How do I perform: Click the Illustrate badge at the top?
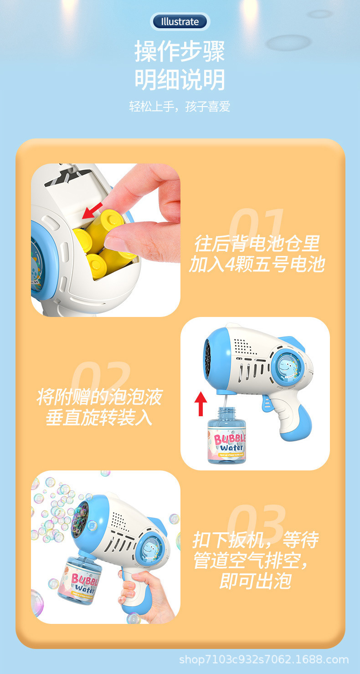pyautogui.click(x=180, y=21)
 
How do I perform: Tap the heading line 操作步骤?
pyautogui.click(x=180, y=51)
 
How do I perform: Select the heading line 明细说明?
pyautogui.click(x=180, y=80)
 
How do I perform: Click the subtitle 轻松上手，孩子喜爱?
pyautogui.click(x=180, y=107)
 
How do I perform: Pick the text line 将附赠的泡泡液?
pyautogui.click(x=99, y=397)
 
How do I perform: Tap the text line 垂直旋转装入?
pyautogui.click(x=99, y=418)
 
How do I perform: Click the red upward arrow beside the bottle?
pyautogui.click(x=201, y=403)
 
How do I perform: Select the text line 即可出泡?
pyautogui.click(x=255, y=581)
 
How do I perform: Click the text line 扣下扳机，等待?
pyautogui.click(x=255, y=540)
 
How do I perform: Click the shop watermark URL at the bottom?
pyautogui.click(x=264, y=659)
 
